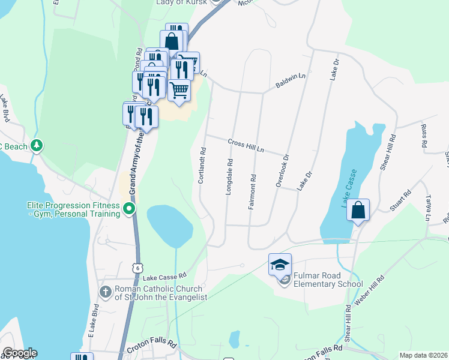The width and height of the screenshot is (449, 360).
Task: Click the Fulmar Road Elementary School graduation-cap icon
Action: [280, 264]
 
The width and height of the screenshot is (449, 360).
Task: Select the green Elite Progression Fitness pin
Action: [129, 209]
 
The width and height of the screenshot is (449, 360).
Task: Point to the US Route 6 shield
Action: [139, 268]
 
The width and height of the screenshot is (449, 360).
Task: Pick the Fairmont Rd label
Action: [253, 191]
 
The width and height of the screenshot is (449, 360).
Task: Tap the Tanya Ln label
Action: [429, 207]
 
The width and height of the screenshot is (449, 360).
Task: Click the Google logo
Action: [19, 353]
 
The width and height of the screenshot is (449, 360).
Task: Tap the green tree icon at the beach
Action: [37, 145]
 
